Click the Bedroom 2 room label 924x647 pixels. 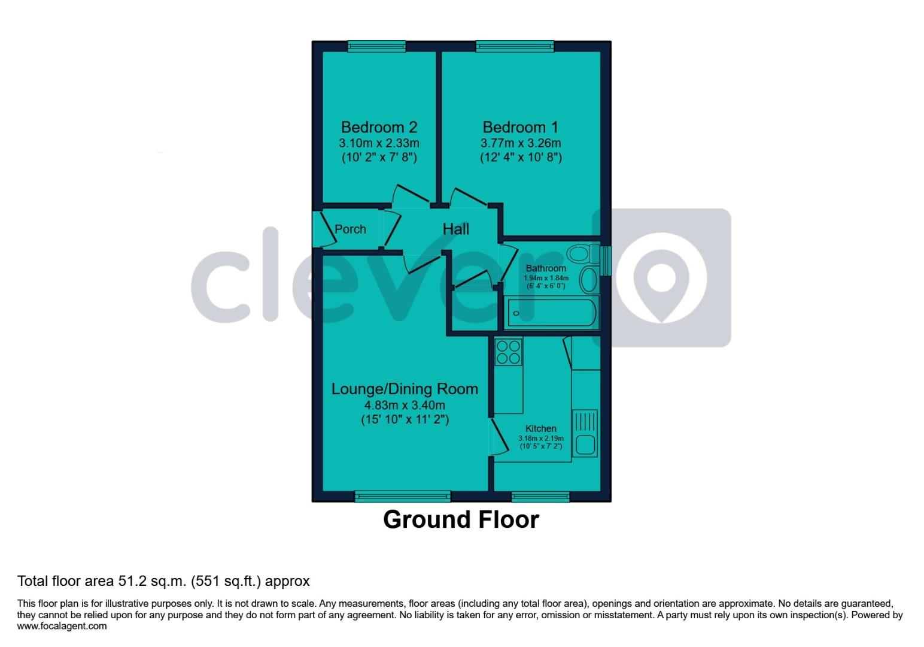pyautogui.click(x=379, y=127)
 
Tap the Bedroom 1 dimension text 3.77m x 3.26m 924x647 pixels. pyautogui.click(x=521, y=143)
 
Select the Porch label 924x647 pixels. pyautogui.click(x=350, y=229)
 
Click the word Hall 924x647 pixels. pyautogui.click(x=456, y=228)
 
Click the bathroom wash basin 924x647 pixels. pyautogui.click(x=589, y=280)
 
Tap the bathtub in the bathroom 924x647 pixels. pyautogui.click(x=552, y=313)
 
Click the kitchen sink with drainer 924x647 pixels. pyautogui.click(x=585, y=433)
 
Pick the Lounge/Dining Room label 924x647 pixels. pyautogui.click(x=405, y=389)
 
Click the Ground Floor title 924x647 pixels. pyautogui.click(x=461, y=519)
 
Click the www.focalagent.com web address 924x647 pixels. pyautogui.click(x=62, y=626)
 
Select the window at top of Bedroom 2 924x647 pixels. pyautogui.click(x=376, y=46)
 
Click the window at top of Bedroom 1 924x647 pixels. pyautogui.click(x=515, y=46)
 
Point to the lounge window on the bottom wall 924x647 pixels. pyautogui.click(x=402, y=495)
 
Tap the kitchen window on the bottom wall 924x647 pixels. pyautogui.click(x=540, y=495)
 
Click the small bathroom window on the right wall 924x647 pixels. pyautogui.click(x=606, y=261)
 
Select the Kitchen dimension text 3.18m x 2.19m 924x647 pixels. pyautogui.click(x=541, y=439)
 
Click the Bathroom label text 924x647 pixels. pyautogui.click(x=546, y=268)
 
